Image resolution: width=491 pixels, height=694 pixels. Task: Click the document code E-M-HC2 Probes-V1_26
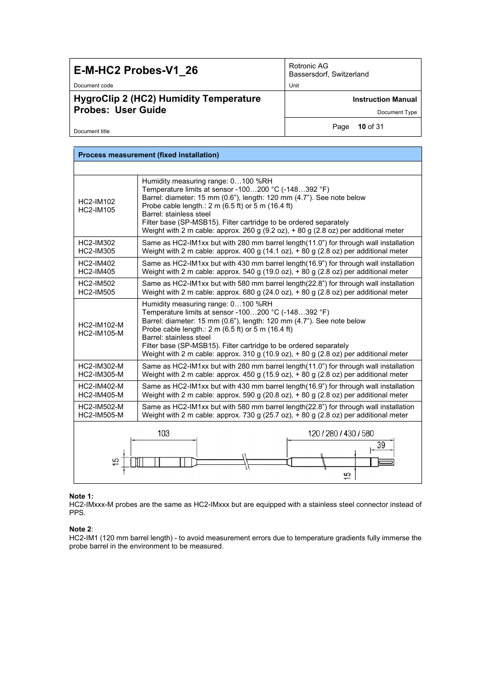(x=136, y=70)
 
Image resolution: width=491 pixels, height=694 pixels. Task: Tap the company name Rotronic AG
(x=308, y=66)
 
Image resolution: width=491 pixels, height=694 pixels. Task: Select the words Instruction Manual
(x=384, y=99)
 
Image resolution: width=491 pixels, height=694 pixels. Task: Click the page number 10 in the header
(x=362, y=126)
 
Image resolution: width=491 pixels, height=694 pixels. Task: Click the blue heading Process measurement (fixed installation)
(x=148, y=155)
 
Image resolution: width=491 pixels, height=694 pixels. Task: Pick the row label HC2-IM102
(x=97, y=202)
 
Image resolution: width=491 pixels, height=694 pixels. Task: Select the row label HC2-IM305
(x=97, y=251)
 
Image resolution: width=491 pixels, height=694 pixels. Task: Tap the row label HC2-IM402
(x=97, y=263)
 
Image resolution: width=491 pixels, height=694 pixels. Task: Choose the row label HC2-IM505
(x=97, y=292)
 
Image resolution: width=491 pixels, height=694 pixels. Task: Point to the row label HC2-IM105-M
(x=101, y=333)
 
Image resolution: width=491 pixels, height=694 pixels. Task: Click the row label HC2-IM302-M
(x=101, y=366)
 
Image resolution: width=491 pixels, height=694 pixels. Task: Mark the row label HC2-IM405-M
(x=101, y=395)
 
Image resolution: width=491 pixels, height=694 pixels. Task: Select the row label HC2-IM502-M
(x=101, y=407)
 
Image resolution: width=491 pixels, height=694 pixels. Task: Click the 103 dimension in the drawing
(x=163, y=433)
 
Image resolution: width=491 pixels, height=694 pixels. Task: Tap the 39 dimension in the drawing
(x=381, y=445)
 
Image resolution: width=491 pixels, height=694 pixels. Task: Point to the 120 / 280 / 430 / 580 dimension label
(x=341, y=433)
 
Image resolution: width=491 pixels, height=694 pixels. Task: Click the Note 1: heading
(x=81, y=496)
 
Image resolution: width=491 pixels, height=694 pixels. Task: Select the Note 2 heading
(x=81, y=529)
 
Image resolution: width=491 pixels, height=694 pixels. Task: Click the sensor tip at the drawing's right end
(x=386, y=462)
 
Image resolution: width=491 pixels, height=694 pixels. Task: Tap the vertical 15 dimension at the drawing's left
(x=116, y=462)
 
